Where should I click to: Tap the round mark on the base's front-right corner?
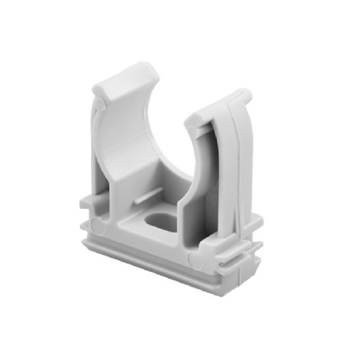(193, 259)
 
